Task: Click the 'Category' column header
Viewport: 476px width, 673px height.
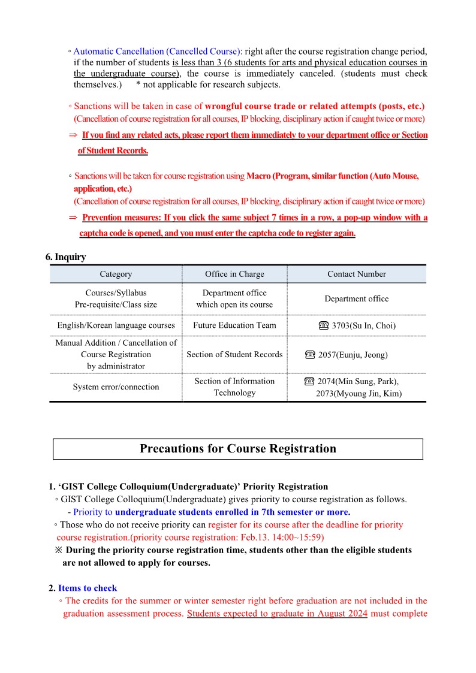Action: [116, 274]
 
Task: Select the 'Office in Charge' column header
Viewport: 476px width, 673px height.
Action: [234, 274]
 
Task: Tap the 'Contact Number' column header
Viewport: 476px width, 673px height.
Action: [357, 274]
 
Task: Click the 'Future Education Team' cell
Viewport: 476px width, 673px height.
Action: [234, 325]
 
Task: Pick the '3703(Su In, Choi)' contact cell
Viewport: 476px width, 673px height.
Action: [363, 326]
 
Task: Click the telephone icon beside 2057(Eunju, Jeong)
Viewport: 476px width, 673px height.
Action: [310, 355]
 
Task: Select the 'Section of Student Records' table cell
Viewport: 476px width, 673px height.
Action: [234, 354]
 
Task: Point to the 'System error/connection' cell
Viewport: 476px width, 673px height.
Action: [116, 387]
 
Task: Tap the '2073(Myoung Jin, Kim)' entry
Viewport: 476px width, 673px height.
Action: [359, 394]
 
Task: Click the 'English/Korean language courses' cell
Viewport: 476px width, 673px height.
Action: [116, 325]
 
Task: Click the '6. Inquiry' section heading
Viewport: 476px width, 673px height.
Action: [65, 257]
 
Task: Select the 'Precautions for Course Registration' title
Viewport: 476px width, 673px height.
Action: [238, 449]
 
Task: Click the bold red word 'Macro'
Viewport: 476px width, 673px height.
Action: [258, 176]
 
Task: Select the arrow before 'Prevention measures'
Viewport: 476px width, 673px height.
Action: [73, 218]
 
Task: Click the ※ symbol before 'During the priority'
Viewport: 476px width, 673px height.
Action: [58, 550]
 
